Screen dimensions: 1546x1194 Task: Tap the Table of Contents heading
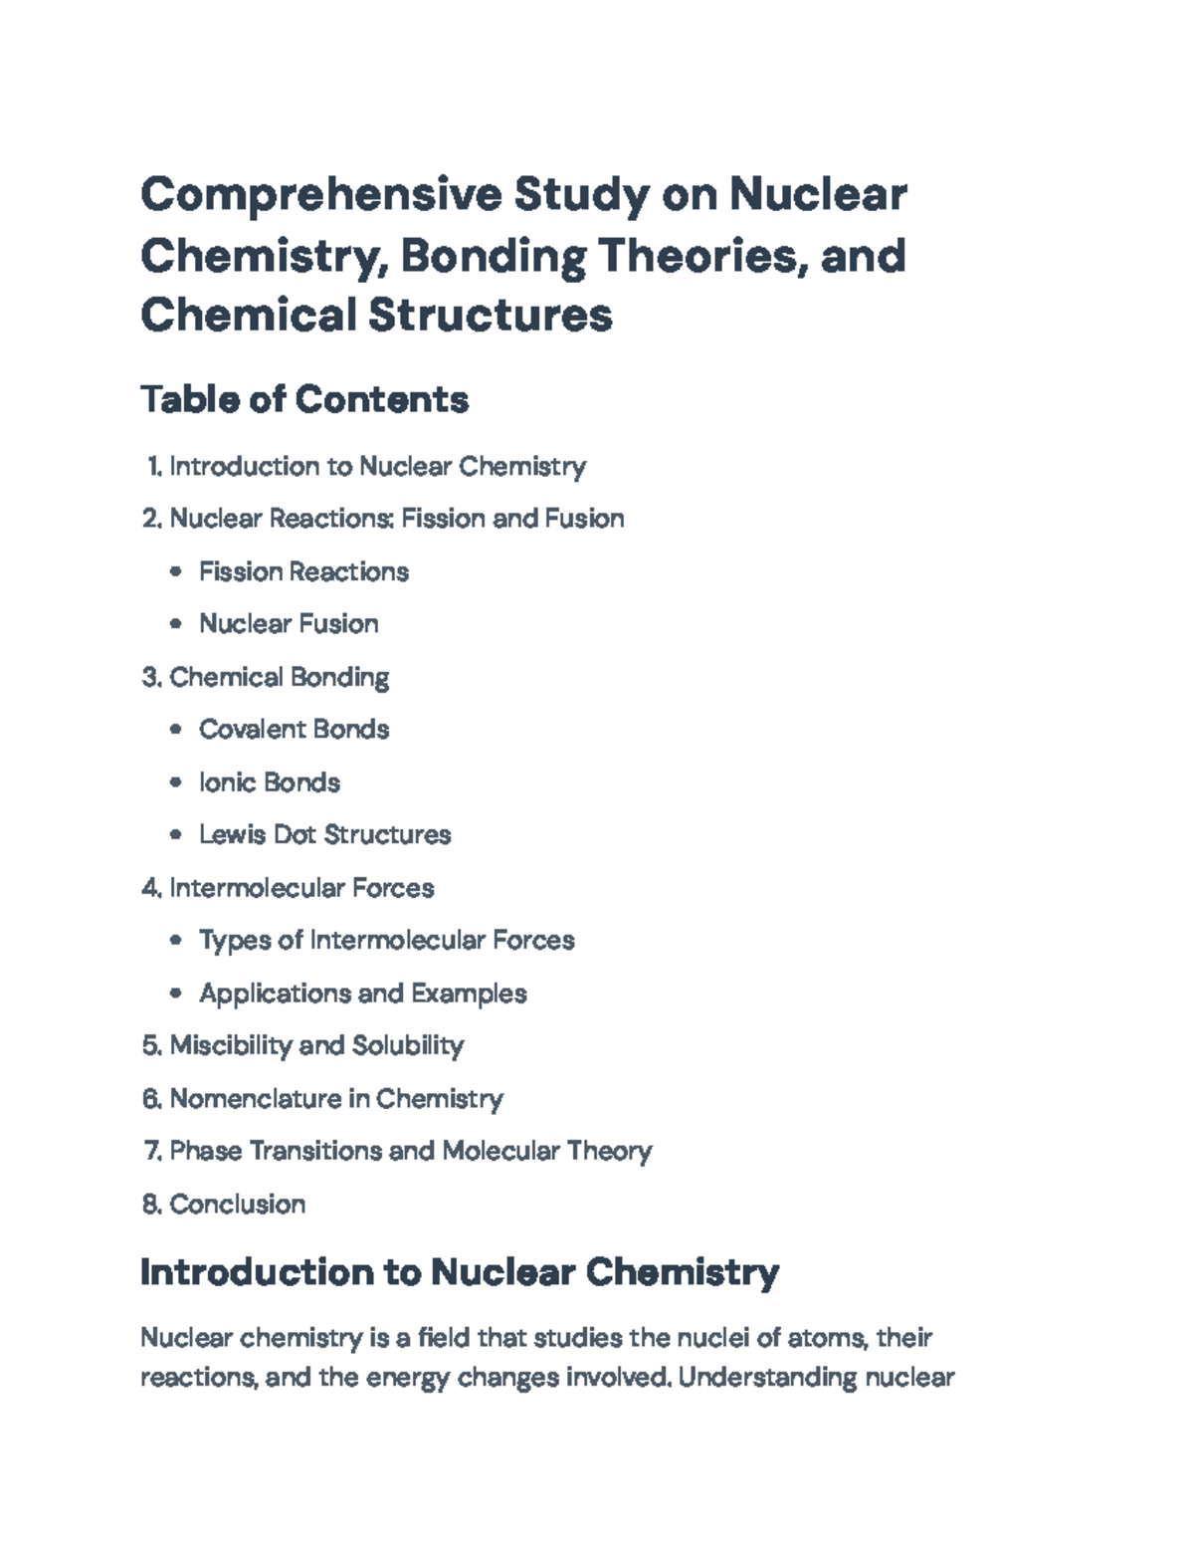(x=304, y=399)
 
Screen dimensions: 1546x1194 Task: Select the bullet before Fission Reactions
(x=176, y=571)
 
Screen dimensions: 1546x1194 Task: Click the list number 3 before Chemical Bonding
(x=151, y=677)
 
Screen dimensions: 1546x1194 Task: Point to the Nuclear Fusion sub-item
(x=289, y=624)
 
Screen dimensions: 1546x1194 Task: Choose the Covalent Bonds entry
(x=294, y=730)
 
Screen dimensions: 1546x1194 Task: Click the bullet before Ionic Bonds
(x=176, y=782)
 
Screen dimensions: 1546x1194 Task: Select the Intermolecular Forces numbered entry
(x=301, y=887)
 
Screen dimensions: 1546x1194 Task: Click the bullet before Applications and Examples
(x=176, y=994)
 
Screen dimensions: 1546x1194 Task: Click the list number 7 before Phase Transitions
(x=151, y=1151)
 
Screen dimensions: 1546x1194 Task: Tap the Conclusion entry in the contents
(x=237, y=1204)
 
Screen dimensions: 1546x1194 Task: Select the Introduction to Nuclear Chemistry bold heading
(x=460, y=1272)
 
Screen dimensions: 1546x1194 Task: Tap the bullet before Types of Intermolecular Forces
(x=176, y=940)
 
